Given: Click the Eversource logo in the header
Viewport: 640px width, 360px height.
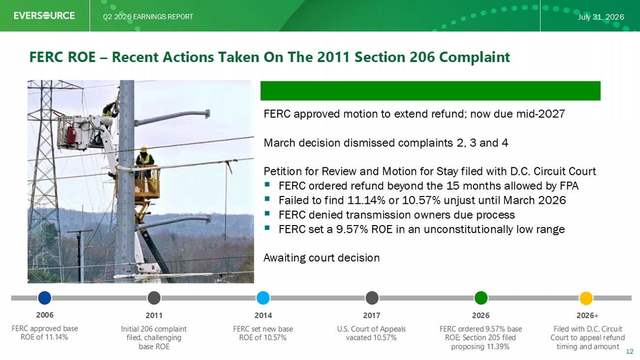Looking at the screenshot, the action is point(44,16).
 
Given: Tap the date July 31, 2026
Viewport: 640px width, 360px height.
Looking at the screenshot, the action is point(601,17).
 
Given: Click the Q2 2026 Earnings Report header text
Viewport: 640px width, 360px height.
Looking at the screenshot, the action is point(148,17).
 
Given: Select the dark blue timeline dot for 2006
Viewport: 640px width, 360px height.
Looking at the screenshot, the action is point(45,298).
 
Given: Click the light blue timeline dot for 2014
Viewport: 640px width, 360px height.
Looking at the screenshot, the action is point(263,298).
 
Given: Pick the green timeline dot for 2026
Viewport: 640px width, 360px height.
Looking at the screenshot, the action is point(481,298).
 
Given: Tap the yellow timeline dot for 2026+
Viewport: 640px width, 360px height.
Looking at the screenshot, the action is point(586,298).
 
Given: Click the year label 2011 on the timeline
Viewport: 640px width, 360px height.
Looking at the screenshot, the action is point(154,315).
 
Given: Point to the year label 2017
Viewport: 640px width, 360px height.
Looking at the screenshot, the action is point(372,315).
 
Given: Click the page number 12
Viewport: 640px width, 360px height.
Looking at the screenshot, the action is point(630,352).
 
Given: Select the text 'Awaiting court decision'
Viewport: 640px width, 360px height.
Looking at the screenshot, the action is point(321,258).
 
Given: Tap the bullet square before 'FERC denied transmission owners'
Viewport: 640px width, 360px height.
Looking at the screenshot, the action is point(267,213).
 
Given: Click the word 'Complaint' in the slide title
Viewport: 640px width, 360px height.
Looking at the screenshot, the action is point(474,57).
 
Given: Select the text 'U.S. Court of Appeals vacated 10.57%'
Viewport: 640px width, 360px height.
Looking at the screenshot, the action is point(371,333).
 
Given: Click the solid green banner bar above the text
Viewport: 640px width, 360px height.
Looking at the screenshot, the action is point(430,91).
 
